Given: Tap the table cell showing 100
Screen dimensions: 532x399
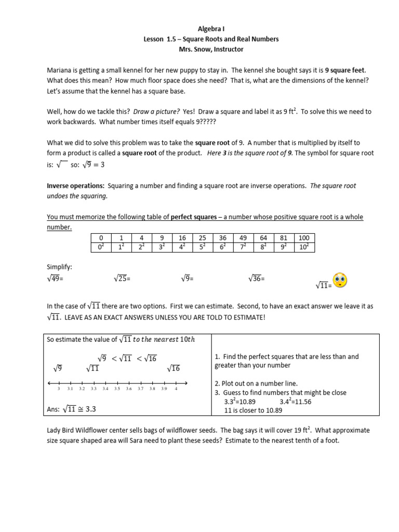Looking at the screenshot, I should (304, 238).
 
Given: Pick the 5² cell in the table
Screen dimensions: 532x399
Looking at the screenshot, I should (203, 247).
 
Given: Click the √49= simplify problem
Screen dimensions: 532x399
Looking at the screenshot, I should (58, 279).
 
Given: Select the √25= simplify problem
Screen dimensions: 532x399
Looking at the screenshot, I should (122, 279).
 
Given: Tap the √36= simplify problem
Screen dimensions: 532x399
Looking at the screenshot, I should (257, 279).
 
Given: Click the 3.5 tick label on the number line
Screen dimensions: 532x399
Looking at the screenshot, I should (117, 389).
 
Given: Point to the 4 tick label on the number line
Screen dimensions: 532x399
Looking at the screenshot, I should (176, 389).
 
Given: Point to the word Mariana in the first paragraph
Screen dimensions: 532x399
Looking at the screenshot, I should (61, 70).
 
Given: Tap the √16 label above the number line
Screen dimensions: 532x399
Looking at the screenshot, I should (173, 368).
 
